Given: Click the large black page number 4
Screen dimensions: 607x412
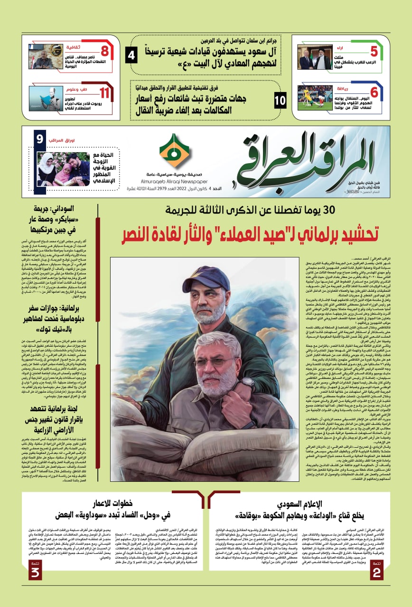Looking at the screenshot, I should coord(132,56).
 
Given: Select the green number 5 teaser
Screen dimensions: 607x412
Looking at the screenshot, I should coord(374,51).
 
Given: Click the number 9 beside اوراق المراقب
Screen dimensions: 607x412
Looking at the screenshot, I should coord(40,139).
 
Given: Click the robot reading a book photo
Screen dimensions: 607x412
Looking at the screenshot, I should coord(46,98).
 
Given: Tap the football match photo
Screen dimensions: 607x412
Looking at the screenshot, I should coord(315,97).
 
